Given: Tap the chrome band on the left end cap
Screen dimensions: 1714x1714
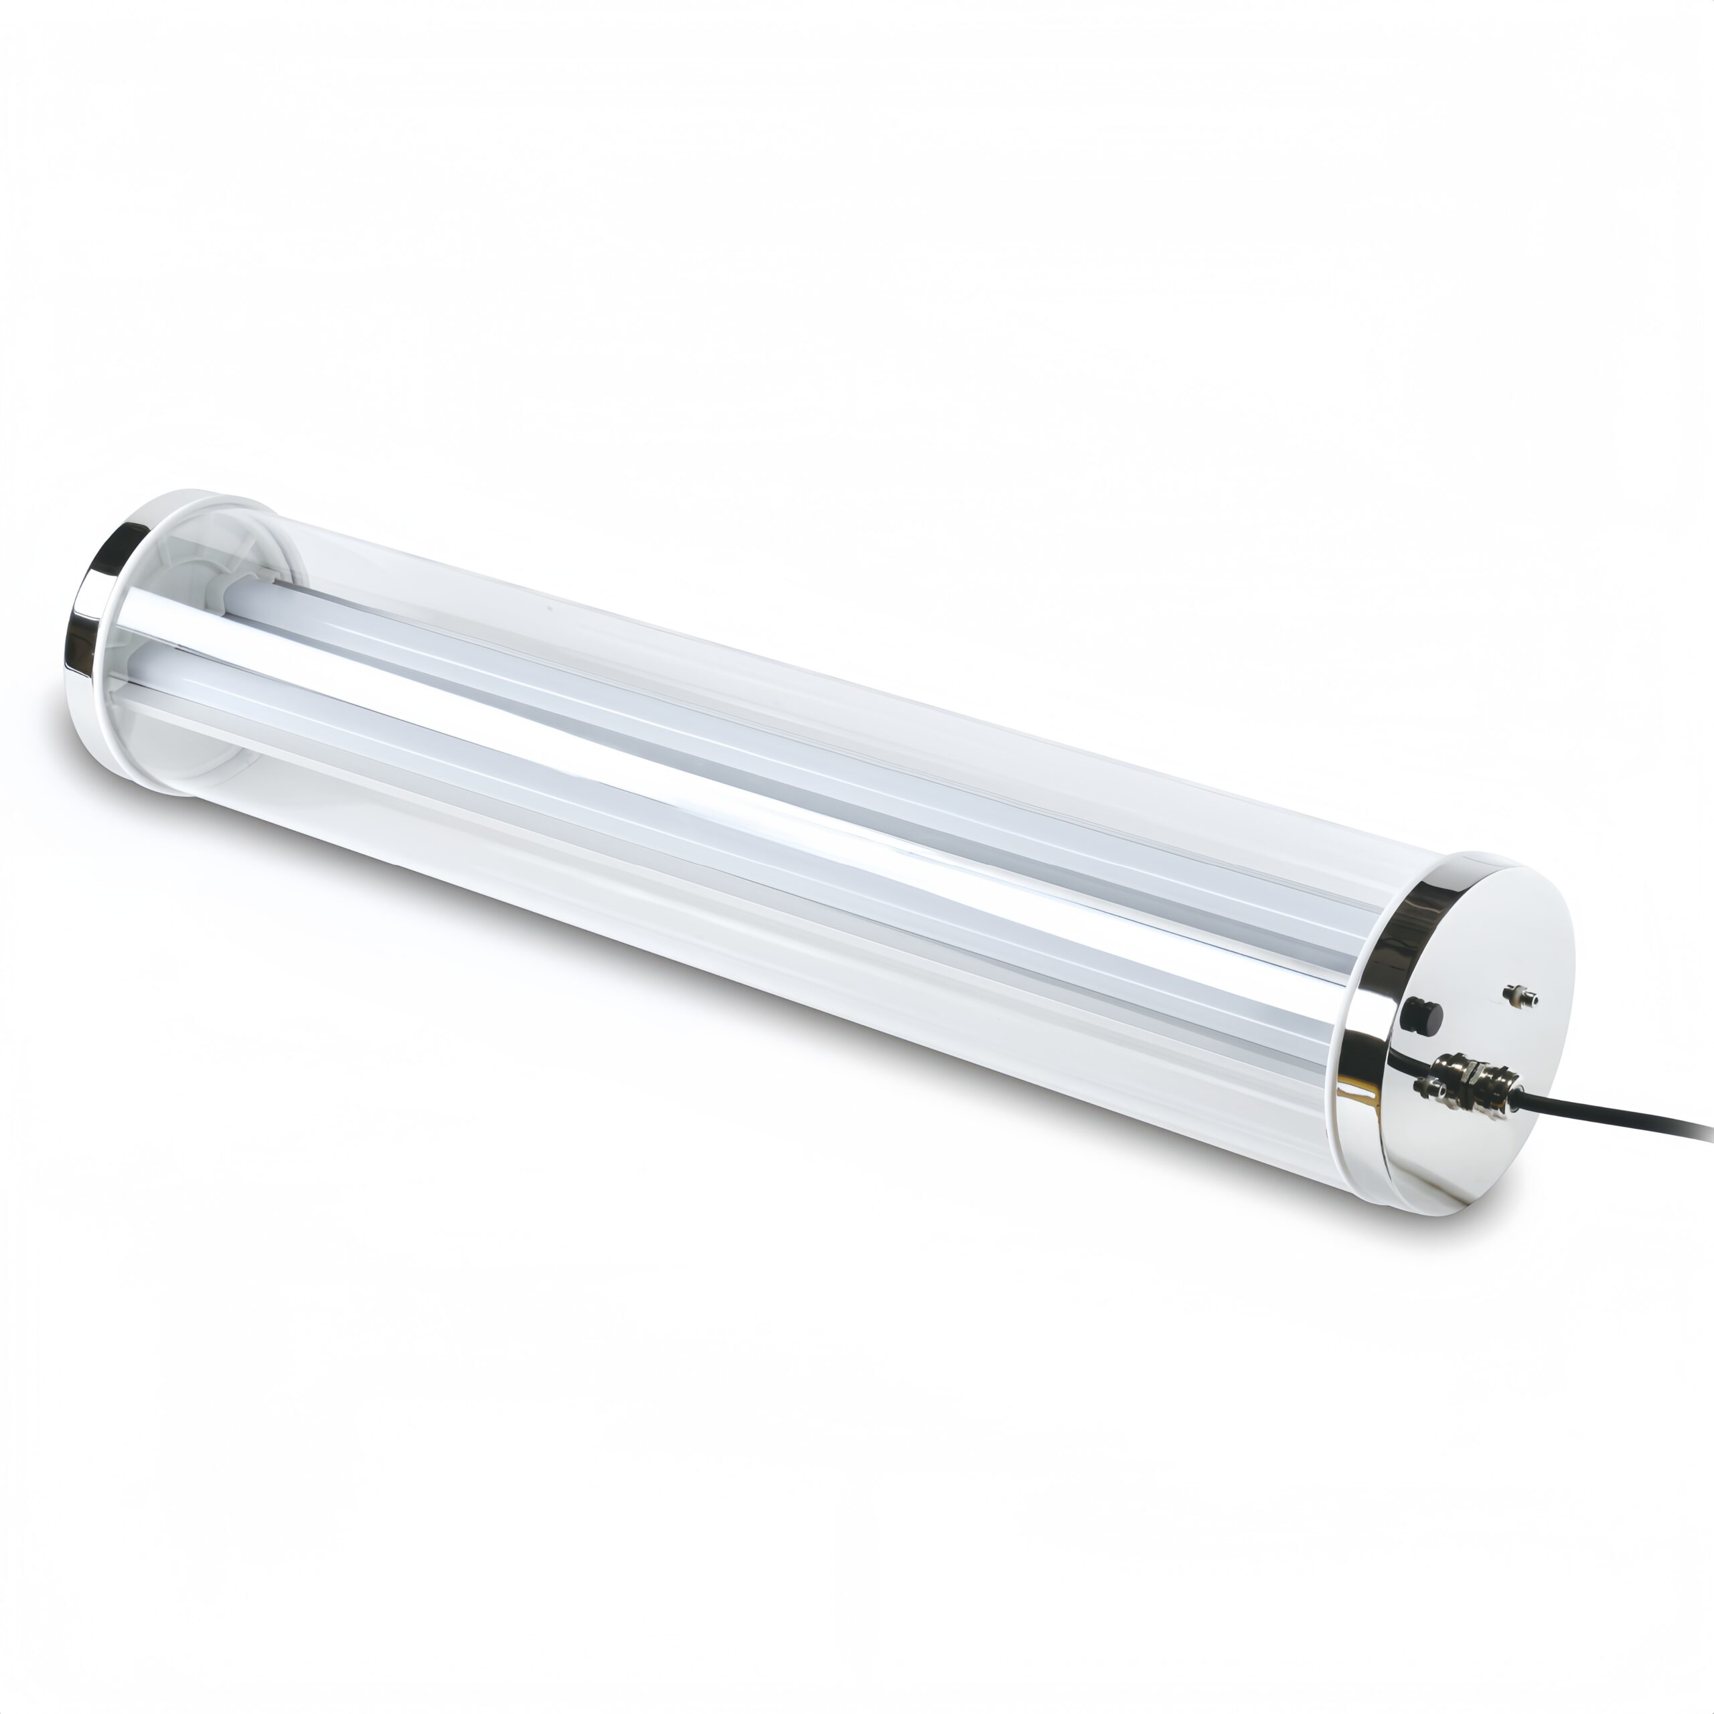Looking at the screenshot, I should click(89, 621).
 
